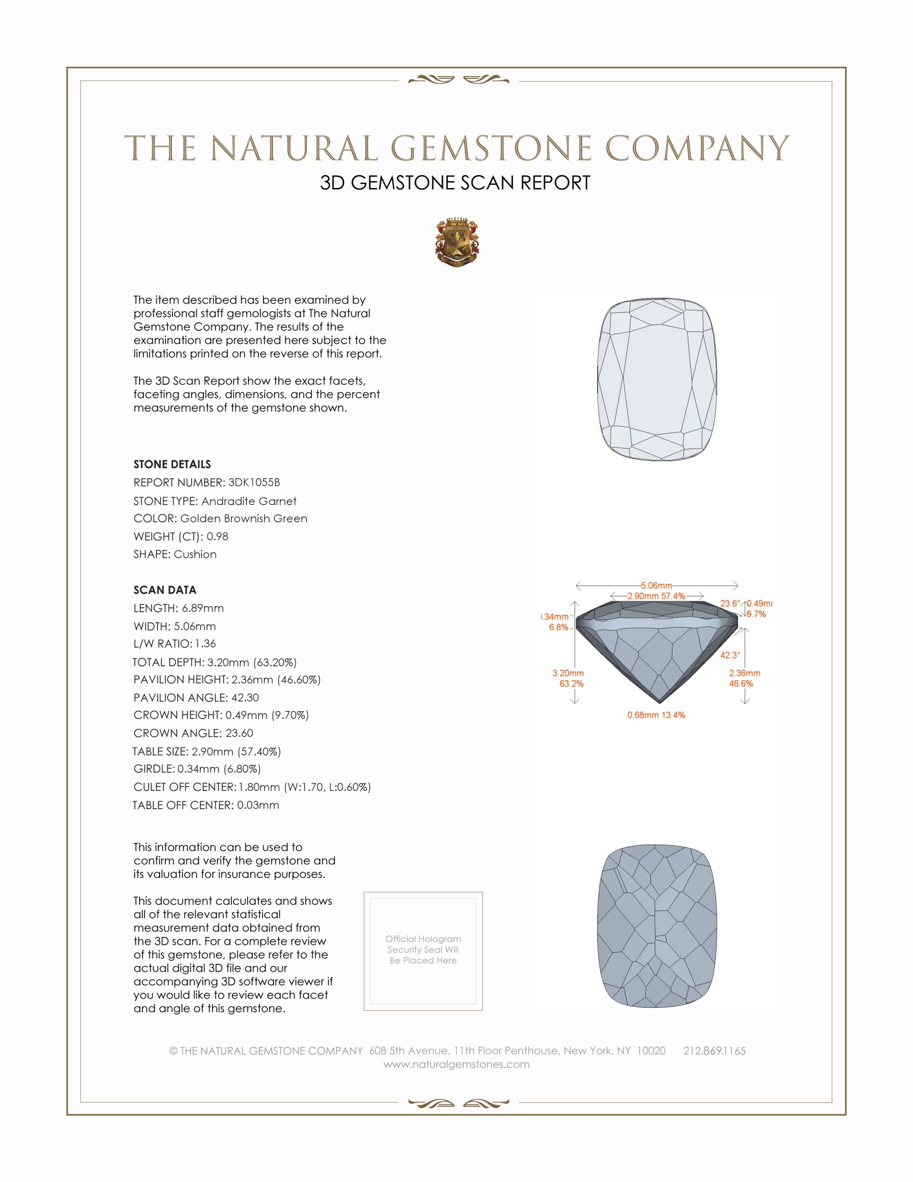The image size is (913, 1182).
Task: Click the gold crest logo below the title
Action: point(457,242)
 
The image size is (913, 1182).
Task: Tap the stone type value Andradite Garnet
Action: point(249,501)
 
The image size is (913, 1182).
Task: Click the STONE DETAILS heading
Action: point(172,464)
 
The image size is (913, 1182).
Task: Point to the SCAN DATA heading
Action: point(165,590)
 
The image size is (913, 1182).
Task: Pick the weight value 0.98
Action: point(218,536)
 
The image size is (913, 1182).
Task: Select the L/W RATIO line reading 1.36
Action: point(175,644)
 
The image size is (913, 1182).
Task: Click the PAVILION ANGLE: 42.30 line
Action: point(197,697)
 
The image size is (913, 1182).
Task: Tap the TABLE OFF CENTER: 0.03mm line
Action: point(206,805)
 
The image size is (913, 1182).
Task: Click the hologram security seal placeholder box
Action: point(423,951)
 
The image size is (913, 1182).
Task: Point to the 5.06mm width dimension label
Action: point(656,586)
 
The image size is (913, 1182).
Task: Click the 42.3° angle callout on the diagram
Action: point(730,655)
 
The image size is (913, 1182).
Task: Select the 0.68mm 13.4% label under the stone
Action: point(656,715)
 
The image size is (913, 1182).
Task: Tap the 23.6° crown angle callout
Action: point(730,603)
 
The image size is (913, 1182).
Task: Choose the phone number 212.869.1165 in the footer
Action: point(714,1050)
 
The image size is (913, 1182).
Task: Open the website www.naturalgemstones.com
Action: point(457,1064)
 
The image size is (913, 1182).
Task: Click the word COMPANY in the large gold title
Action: point(697,148)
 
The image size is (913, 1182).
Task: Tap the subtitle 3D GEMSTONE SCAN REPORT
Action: point(455,183)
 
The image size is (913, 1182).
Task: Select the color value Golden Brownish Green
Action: point(243,518)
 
